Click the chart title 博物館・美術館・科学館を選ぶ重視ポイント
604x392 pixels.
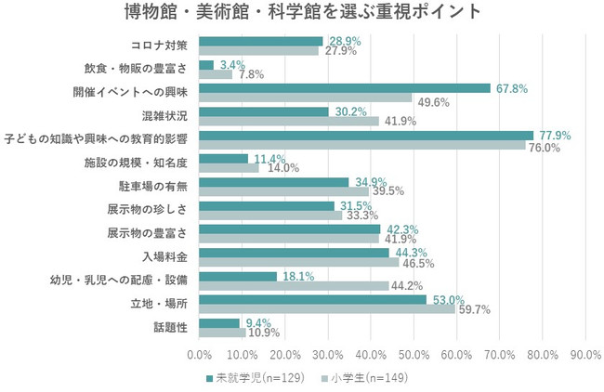point(302,13)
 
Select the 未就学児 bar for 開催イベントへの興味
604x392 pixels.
point(345,88)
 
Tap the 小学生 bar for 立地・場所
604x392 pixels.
point(327,309)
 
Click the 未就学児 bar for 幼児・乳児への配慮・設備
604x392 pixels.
point(239,276)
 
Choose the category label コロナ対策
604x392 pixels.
point(164,46)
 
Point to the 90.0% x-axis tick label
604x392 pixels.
point(585,355)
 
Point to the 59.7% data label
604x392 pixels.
point(474,309)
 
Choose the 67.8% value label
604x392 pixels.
point(511,88)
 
